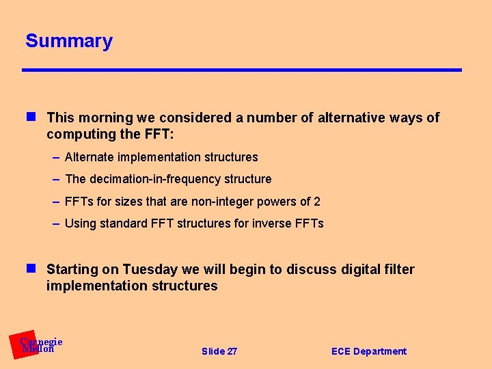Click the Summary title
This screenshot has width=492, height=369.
[x=69, y=41]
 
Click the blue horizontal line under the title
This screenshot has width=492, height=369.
[x=242, y=70]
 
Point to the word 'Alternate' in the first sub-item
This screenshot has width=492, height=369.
[x=90, y=157]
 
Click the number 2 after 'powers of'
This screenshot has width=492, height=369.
[x=317, y=202]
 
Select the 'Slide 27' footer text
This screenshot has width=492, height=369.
[x=219, y=351]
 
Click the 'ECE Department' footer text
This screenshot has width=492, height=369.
[x=368, y=351]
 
